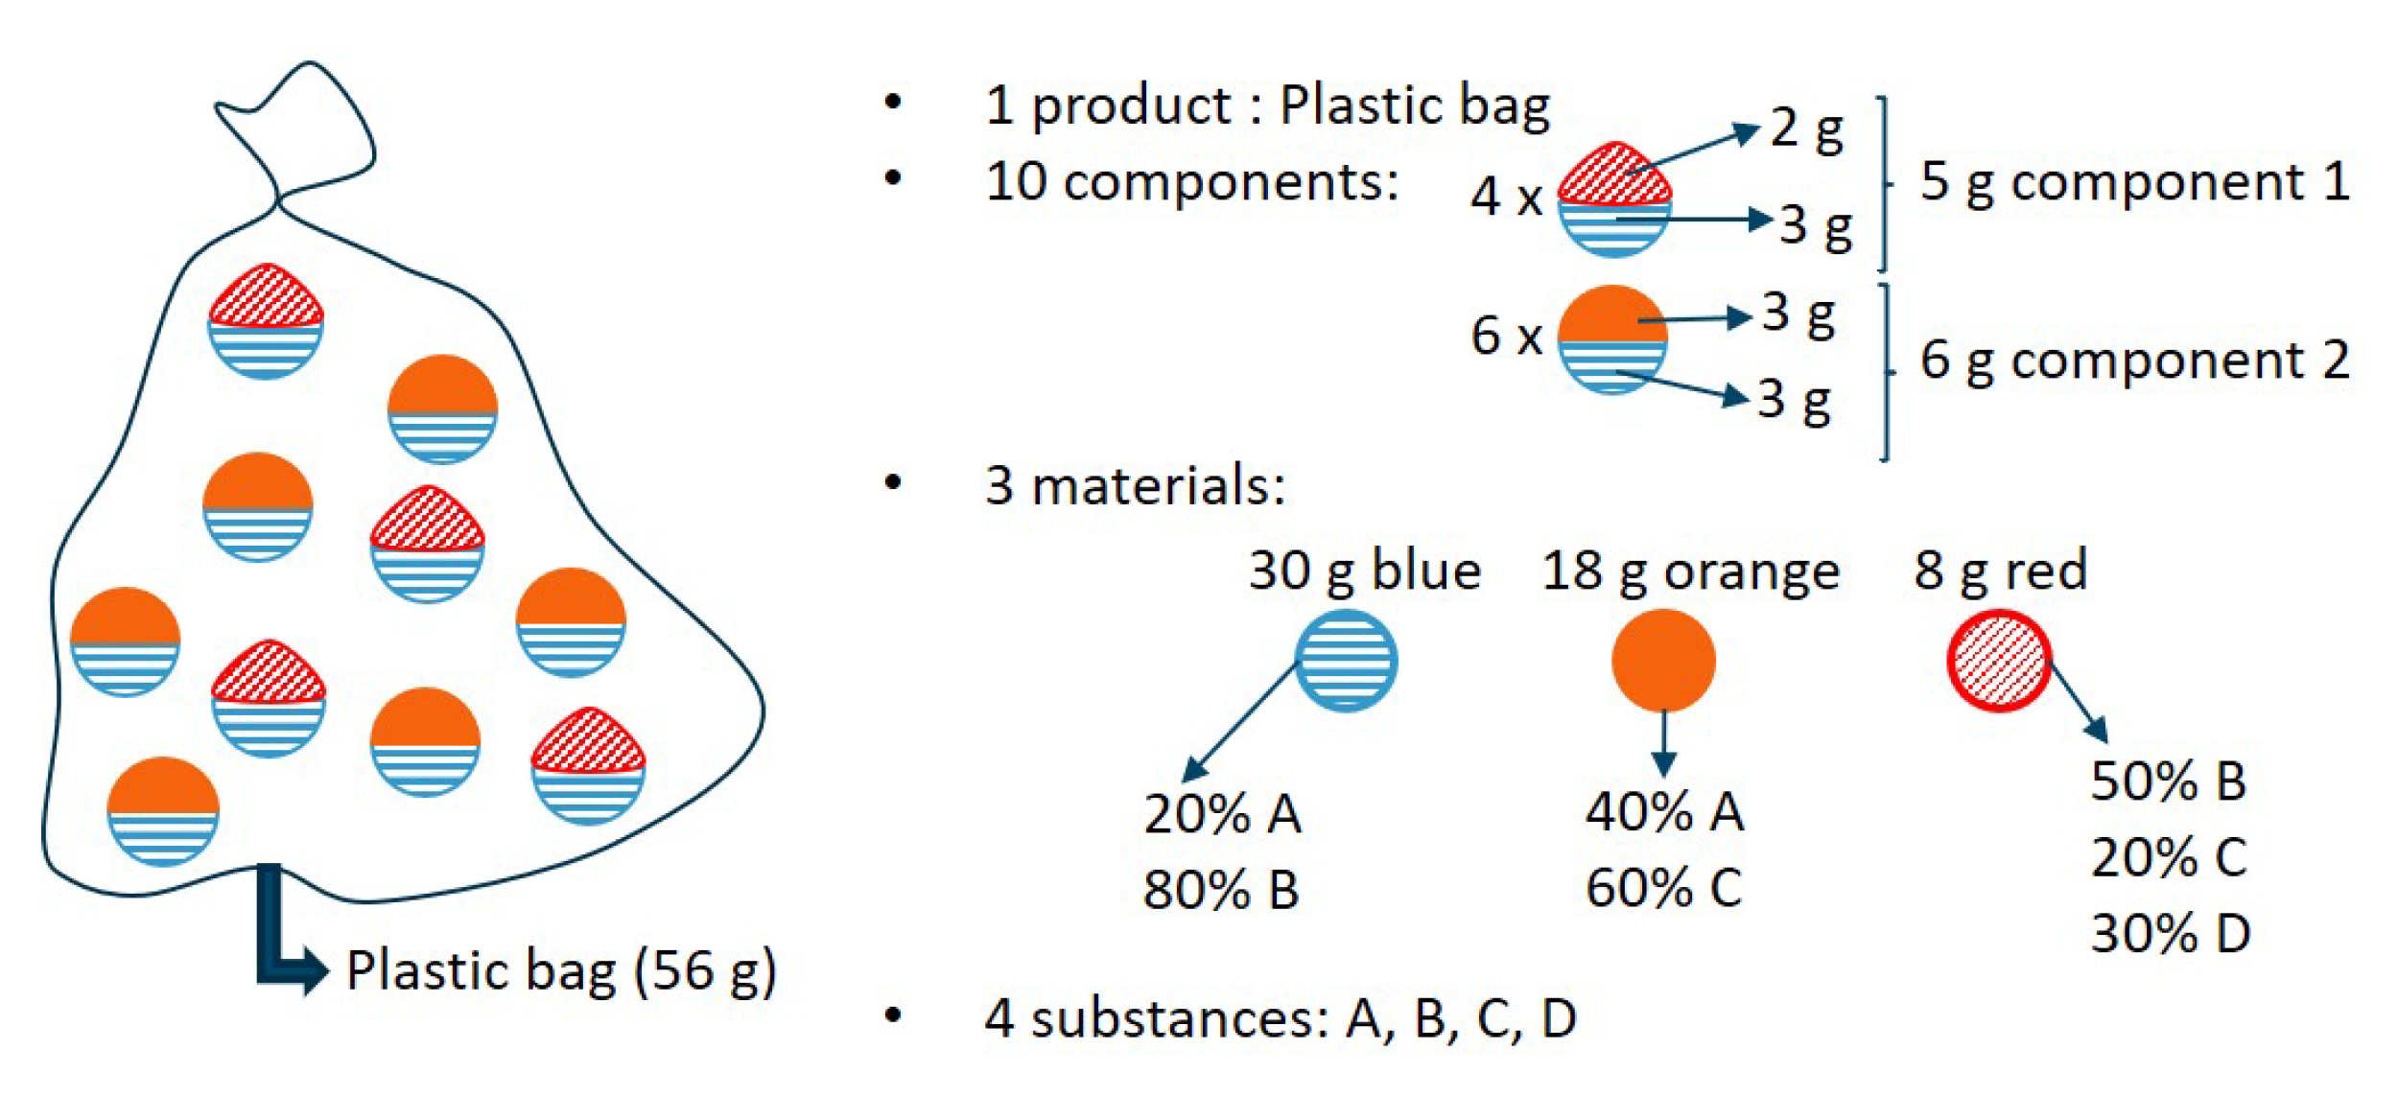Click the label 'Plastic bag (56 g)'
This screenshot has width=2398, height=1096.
coord(561,970)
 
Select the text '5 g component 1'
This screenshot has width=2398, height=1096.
coord(2134,182)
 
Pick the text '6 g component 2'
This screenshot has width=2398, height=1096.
coord(2134,361)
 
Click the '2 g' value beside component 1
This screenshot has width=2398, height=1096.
coord(1806,128)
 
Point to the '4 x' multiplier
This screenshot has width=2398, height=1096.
coord(1506,197)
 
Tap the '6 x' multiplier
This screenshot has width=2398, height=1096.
coord(1506,336)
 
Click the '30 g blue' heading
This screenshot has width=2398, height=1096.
coord(1364,571)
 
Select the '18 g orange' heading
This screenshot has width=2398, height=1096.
coord(1690,571)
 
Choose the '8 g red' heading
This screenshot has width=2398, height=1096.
coord(2001,570)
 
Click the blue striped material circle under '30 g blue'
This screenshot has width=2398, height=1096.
coord(1346,661)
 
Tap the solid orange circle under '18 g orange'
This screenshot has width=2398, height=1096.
coord(1663,661)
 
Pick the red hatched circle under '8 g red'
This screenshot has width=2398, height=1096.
coord(1999,661)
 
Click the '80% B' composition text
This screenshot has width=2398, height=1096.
coord(1221,889)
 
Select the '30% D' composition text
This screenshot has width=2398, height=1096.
coord(2171,933)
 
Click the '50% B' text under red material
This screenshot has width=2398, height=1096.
coord(2169,781)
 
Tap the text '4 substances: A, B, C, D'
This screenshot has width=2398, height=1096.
coord(1281,1018)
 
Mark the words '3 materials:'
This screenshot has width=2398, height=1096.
coord(1135,485)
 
